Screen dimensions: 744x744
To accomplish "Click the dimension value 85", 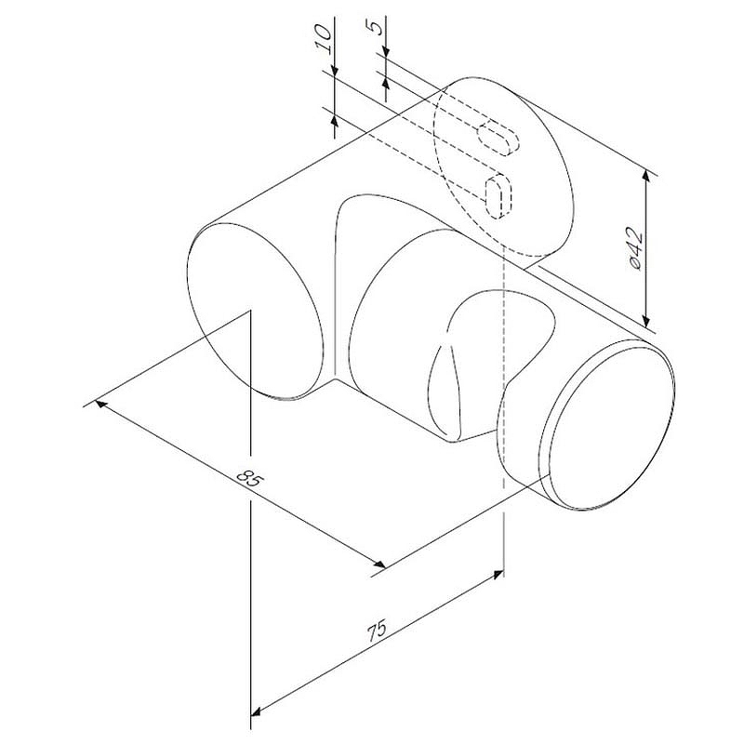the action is coord(248,478).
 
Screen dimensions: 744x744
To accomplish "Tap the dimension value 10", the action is coord(323,39).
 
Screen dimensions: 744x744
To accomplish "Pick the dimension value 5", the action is coord(376,29).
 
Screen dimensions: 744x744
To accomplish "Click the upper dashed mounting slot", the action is coord(498,138).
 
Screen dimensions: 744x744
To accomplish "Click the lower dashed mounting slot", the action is coord(498,196).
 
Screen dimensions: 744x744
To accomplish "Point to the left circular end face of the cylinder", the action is coord(257,311).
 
